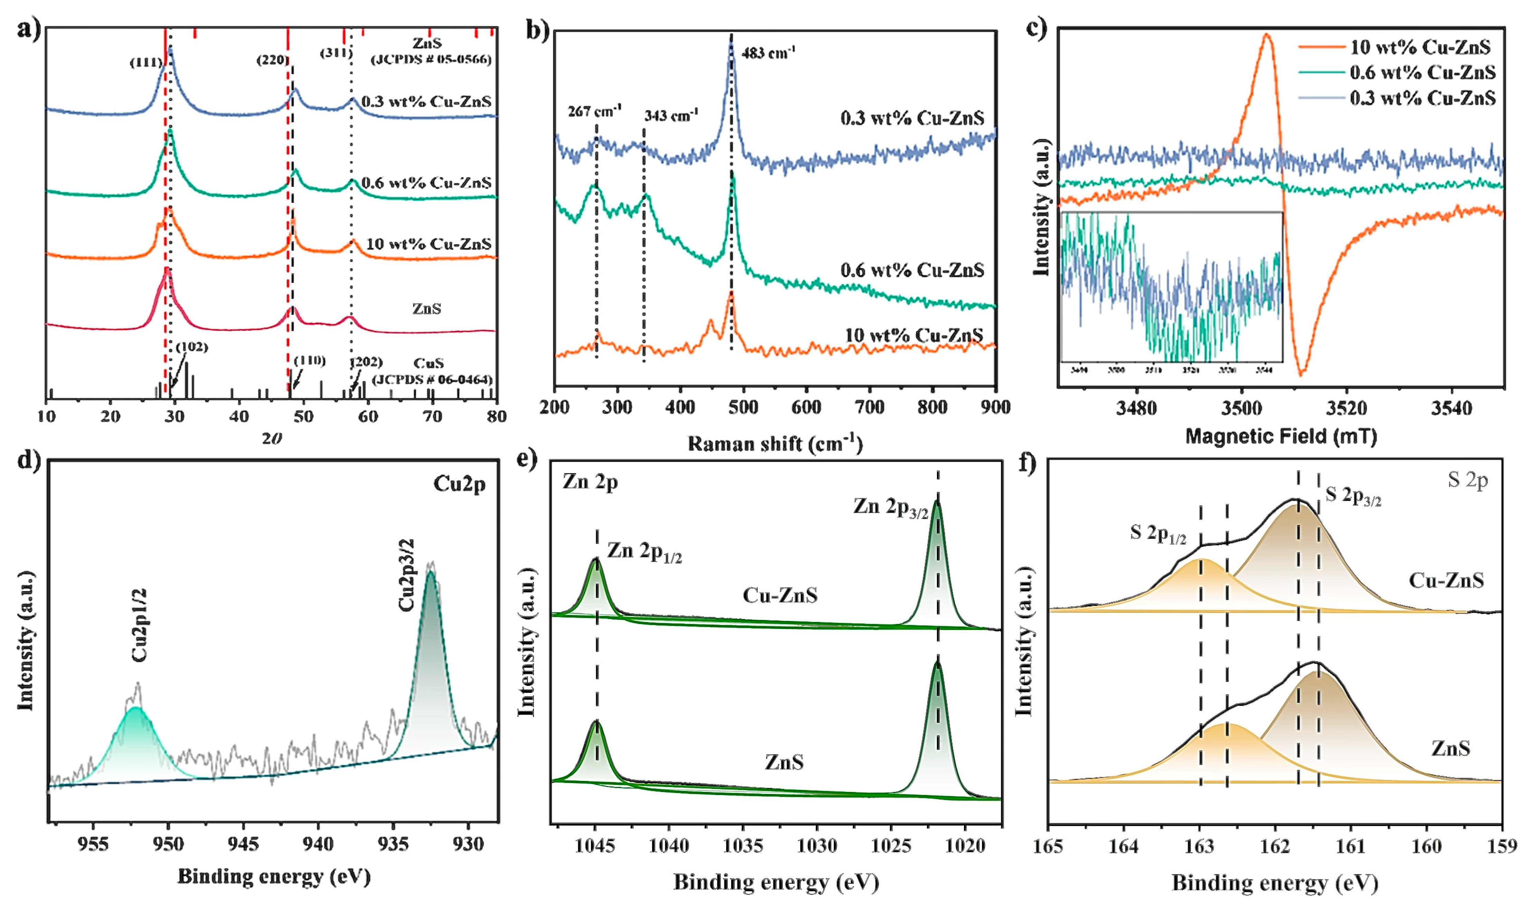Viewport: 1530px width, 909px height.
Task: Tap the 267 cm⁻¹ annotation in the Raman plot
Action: click(594, 112)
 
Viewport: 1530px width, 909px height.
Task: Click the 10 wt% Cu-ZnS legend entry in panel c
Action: click(1420, 47)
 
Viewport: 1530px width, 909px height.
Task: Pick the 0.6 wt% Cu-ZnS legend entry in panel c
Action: click(1422, 73)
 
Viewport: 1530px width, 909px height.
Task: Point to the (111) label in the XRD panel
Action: click(146, 63)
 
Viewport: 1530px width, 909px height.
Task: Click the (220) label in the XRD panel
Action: click(272, 60)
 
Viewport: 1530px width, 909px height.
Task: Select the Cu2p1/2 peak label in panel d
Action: click(140, 625)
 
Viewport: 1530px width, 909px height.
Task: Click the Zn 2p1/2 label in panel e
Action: click(644, 552)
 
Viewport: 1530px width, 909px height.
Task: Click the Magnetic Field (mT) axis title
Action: click(1281, 437)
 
